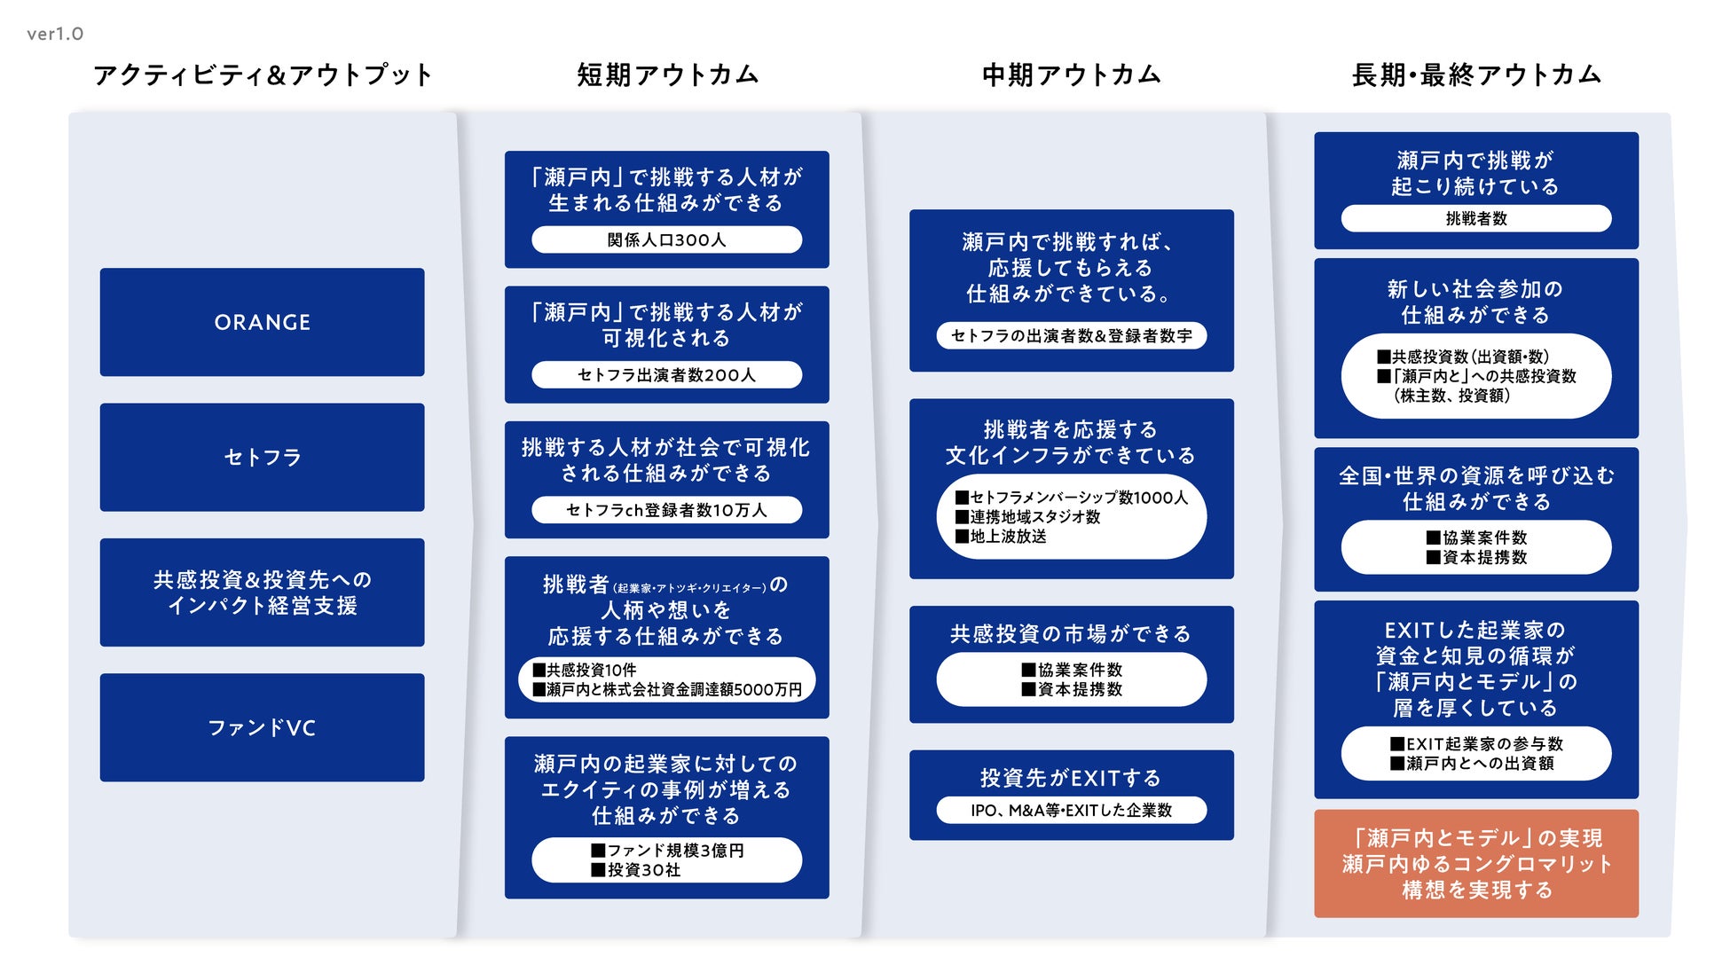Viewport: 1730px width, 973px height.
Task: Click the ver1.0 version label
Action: tap(55, 34)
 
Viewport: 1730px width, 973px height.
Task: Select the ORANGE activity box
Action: tap(262, 322)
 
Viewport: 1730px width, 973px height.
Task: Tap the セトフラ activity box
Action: tap(262, 457)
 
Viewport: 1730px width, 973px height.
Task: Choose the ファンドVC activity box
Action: tap(262, 727)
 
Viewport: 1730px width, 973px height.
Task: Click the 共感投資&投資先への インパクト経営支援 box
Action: tap(262, 592)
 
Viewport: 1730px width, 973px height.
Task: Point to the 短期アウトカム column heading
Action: tap(667, 75)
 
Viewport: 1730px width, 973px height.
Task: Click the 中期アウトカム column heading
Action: tap(1071, 75)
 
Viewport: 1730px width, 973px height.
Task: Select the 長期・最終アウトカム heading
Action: tap(1476, 75)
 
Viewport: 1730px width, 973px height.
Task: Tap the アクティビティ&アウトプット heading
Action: tap(263, 75)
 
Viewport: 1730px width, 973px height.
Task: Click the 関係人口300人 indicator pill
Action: tap(666, 239)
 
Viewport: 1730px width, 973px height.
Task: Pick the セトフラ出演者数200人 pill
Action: tap(666, 375)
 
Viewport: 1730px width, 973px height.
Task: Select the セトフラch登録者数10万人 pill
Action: tap(666, 510)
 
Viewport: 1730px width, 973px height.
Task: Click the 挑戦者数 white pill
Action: tap(1476, 218)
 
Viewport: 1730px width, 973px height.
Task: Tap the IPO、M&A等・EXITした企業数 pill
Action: tap(1071, 810)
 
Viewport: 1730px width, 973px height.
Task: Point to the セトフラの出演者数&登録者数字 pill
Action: tap(1071, 335)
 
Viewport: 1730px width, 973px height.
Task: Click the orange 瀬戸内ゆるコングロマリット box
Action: tap(1476, 863)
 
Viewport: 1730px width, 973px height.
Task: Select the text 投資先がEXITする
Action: tap(1071, 778)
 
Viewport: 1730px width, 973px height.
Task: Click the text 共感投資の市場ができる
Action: tap(1071, 633)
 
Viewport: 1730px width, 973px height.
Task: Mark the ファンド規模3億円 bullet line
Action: tap(667, 851)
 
